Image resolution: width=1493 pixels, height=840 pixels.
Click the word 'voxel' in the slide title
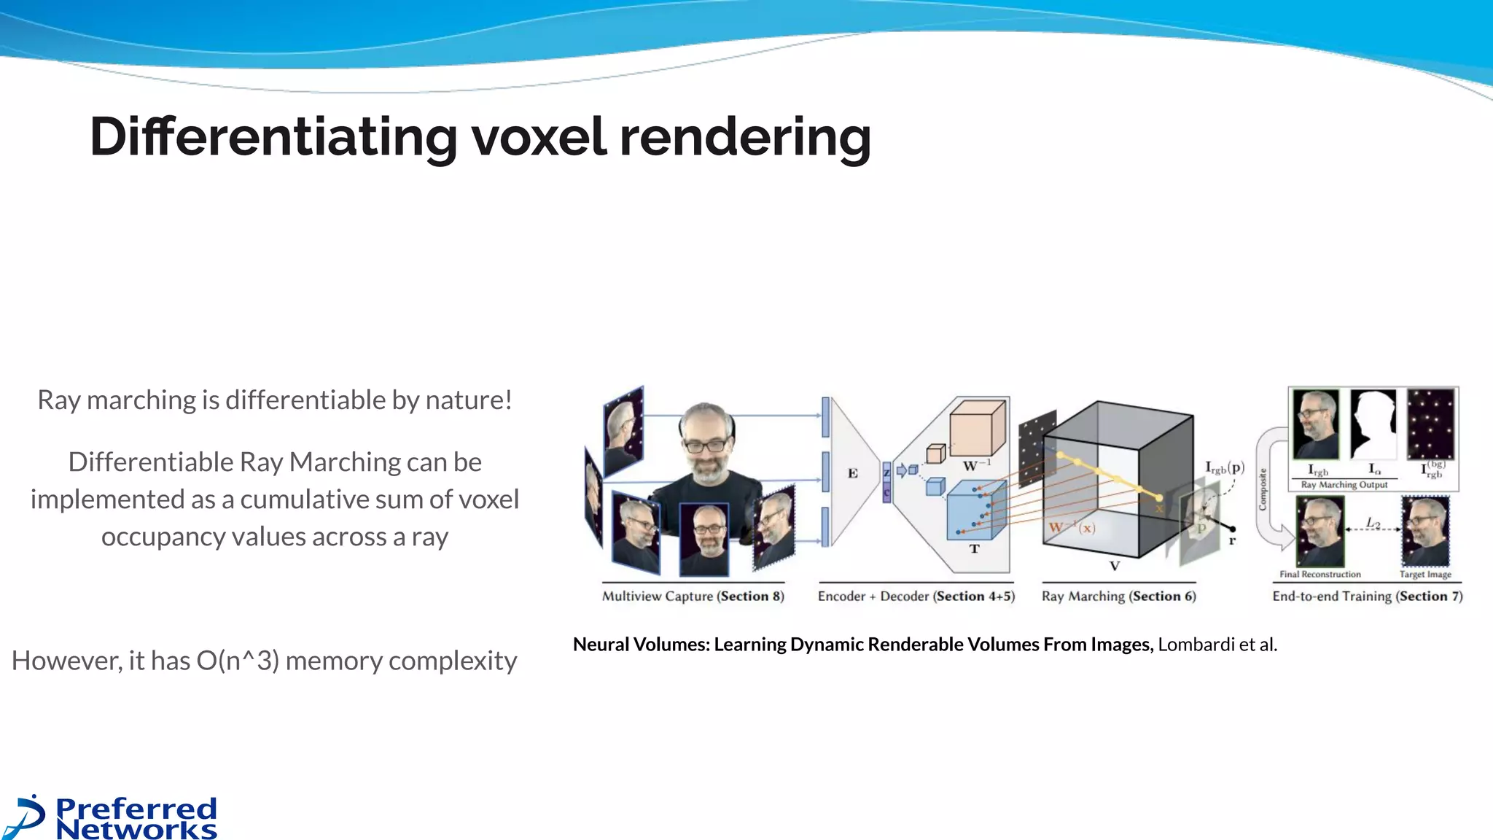tap(538, 137)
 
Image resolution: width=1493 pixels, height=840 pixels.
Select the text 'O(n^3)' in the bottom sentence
tap(238, 661)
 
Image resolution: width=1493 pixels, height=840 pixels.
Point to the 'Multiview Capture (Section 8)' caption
tap(693, 596)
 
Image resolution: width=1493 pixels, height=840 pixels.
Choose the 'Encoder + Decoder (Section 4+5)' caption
tap(916, 596)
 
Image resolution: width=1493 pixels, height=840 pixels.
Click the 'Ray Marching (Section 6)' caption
tap(1118, 596)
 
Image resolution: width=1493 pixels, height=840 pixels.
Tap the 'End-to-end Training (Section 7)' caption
tap(1367, 596)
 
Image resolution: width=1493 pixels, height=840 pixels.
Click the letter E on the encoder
tap(852, 473)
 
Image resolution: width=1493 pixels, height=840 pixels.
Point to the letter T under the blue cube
tap(974, 549)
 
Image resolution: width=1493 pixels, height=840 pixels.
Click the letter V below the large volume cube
tap(1114, 566)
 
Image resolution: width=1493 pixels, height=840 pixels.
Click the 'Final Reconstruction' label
tap(1319, 575)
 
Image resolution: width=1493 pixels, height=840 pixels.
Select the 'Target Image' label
tap(1424, 575)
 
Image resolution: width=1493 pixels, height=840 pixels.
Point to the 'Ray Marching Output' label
tap(1344, 485)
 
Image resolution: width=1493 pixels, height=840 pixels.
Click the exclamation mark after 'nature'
tap(507, 400)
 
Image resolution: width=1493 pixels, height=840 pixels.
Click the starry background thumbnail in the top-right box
tap(1430, 423)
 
